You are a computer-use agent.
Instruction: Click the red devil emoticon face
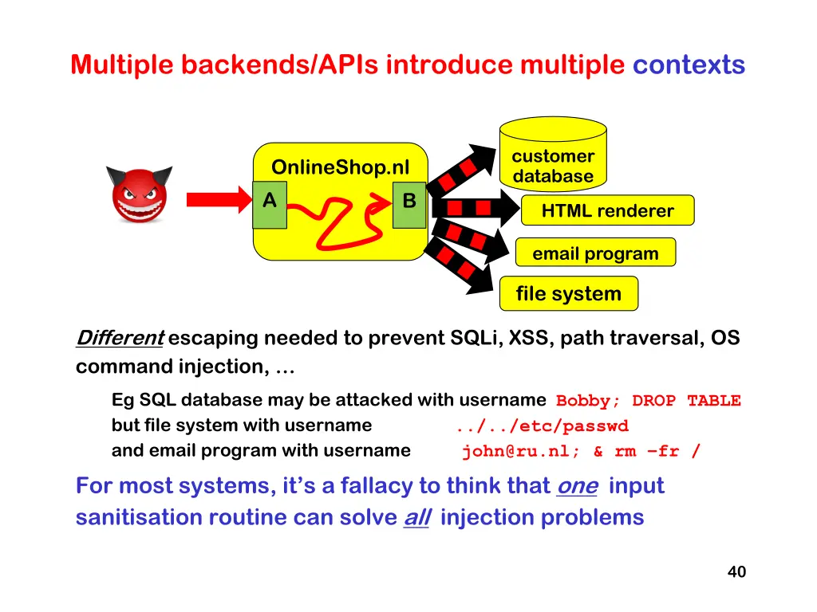click(x=139, y=194)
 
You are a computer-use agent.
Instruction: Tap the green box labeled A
click(x=270, y=205)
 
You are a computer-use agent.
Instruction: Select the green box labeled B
click(x=409, y=205)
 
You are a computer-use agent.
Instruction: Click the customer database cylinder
click(x=553, y=154)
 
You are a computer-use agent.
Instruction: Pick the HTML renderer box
click(x=607, y=210)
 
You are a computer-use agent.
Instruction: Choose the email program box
click(x=595, y=253)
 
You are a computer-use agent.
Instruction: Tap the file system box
click(x=568, y=293)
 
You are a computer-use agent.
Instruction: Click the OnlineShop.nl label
click(x=340, y=167)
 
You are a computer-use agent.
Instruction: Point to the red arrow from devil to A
click(x=219, y=200)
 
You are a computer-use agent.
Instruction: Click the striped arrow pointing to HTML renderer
click(x=476, y=208)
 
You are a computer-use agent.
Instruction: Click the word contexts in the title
click(x=689, y=65)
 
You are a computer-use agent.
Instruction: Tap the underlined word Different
click(x=120, y=338)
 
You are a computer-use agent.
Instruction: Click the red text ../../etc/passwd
click(x=543, y=426)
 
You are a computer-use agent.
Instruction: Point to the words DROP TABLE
click(x=686, y=401)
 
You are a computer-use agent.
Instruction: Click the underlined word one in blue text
click(x=577, y=486)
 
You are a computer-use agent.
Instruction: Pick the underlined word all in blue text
click(x=416, y=517)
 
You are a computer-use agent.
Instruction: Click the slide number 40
click(x=736, y=571)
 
